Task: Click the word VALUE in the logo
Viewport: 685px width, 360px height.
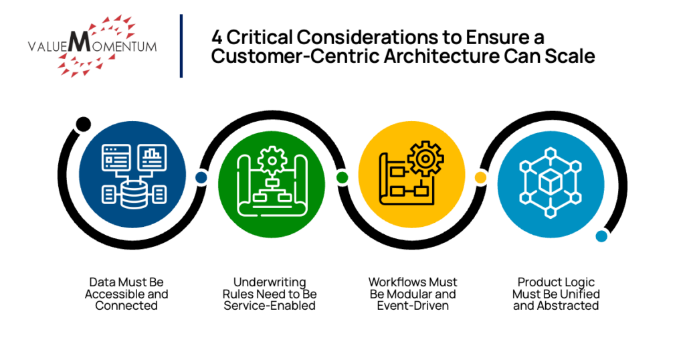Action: click(x=47, y=47)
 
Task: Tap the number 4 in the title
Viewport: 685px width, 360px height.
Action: click(x=217, y=37)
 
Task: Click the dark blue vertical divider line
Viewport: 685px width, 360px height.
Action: click(x=181, y=46)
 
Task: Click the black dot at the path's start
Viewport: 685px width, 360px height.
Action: click(x=84, y=124)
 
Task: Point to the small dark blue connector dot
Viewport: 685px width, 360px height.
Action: click(x=200, y=177)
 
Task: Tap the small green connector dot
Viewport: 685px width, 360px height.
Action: click(x=342, y=177)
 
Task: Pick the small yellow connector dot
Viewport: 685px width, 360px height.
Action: click(x=480, y=177)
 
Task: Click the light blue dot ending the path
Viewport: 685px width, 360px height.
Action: click(x=601, y=236)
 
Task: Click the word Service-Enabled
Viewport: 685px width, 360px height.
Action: click(x=270, y=306)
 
